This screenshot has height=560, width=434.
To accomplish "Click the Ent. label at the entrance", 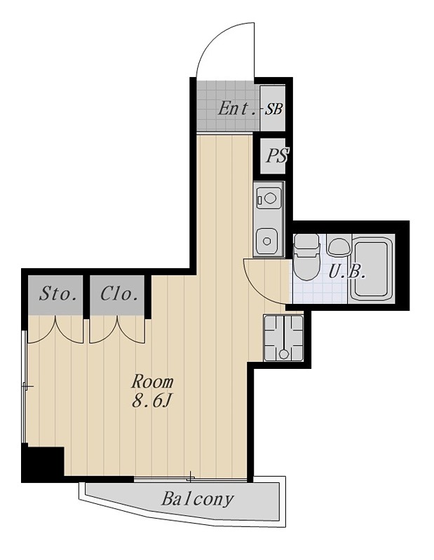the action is pyautogui.click(x=237, y=108).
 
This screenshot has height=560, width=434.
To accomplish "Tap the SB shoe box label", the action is pyautogui.click(x=273, y=109).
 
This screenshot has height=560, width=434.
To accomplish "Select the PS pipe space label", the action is pyautogui.click(x=276, y=155).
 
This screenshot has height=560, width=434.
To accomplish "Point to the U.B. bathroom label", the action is pyautogui.click(x=346, y=274).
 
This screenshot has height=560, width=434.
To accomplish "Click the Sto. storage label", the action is pyautogui.click(x=58, y=294).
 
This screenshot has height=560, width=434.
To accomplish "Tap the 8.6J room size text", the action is pyautogui.click(x=150, y=401).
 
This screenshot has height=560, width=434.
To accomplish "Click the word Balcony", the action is pyautogui.click(x=197, y=499).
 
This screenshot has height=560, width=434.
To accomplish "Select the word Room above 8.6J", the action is pyautogui.click(x=152, y=381).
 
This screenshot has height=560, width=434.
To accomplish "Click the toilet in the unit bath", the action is pyautogui.click(x=306, y=257).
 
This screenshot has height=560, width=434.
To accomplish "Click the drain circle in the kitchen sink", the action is pyautogui.click(x=266, y=241).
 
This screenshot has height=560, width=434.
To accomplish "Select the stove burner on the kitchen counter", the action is pyautogui.click(x=269, y=197).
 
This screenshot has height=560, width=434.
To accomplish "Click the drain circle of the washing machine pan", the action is pyautogui.click(x=284, y=354).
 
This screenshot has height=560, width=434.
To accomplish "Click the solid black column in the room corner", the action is pyautogui.click(x=43, y=463).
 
